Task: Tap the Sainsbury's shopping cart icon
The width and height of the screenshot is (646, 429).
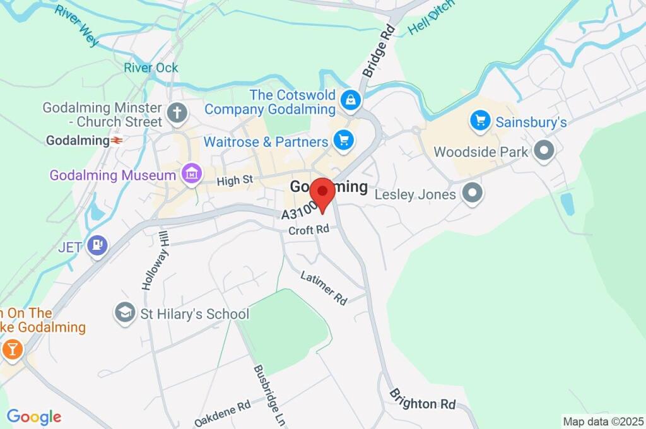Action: pyautogui.click(x=481, y=120)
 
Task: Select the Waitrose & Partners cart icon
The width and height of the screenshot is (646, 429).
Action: pyautogui.click(x=343, y=141)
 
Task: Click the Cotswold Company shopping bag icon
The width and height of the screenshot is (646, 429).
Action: pyautogui.click(x=349, y=100)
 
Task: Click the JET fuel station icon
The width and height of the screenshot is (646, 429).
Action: pyautogui.click(x=97, y=245)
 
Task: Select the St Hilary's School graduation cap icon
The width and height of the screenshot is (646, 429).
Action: pyautogui.click(x=126, y=312)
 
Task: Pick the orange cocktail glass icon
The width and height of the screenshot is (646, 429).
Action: pyautogui.click(x=12, y=349)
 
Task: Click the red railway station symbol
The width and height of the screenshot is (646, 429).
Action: pyautogui.click(x=116, y=140)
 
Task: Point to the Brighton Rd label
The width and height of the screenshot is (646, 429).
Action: pyautogui.click(x=422, y=399)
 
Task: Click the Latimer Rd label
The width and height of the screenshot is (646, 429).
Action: pyautogui.click(x=324, y=287)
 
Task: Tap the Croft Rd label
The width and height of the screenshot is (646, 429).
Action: pyautogui.click(x=310, y=231)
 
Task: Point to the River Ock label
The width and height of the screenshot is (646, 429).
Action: pyautogui.click(x=151, y=68)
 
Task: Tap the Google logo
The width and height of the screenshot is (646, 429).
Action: pyautogui.click(x=33, y=417)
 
